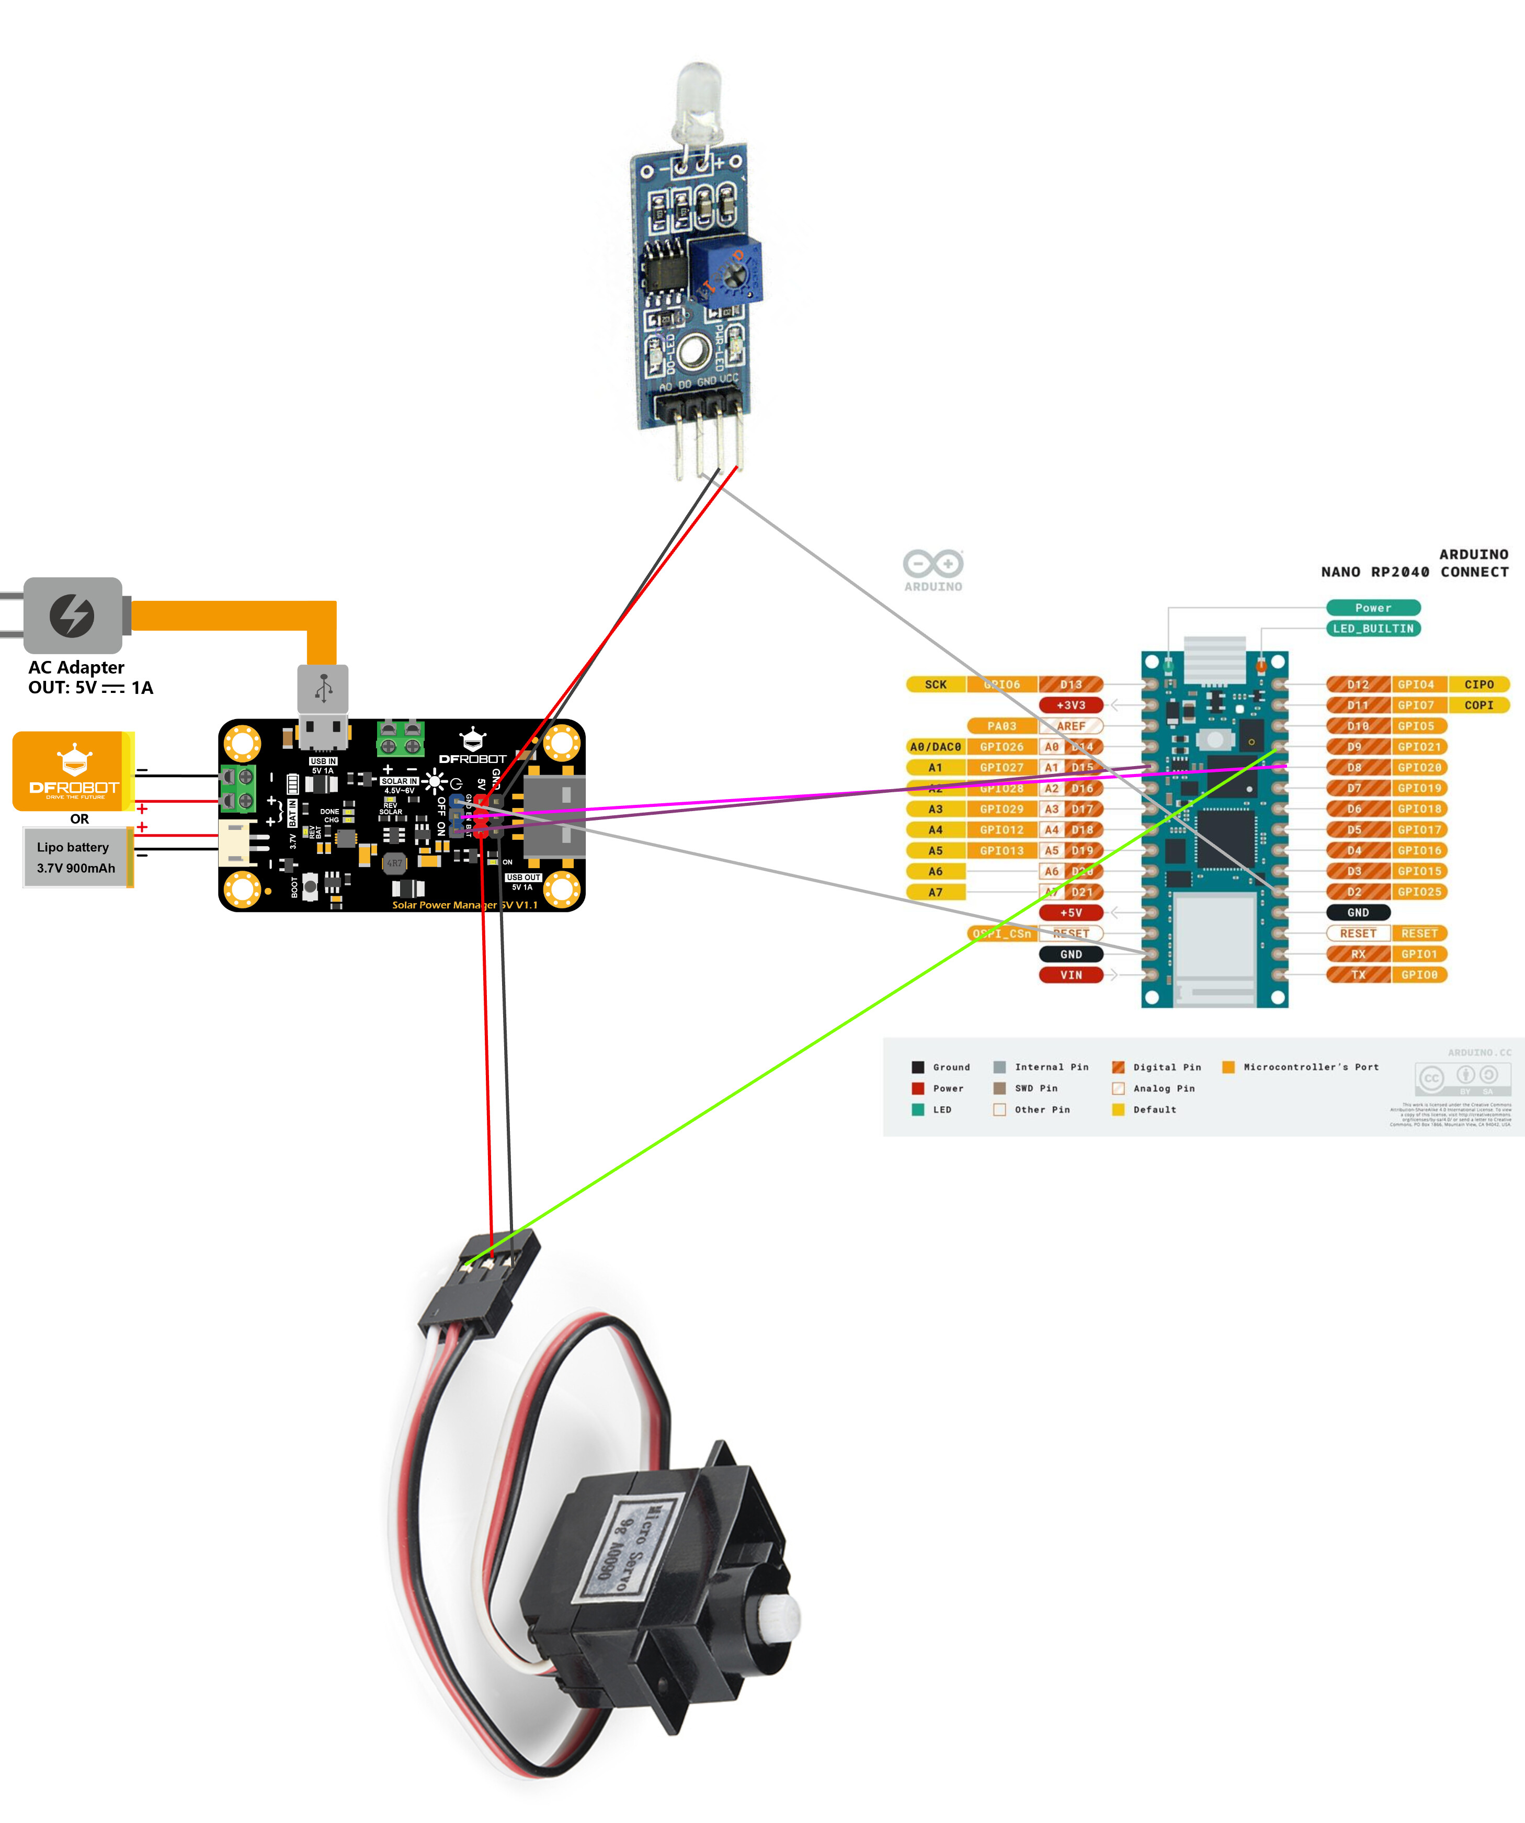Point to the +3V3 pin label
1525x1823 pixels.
tap(1069, 705)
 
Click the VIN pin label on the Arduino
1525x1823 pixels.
tap(1069, 975)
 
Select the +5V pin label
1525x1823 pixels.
tap(1069, 913)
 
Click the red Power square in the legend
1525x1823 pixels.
tap(917, 1088)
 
